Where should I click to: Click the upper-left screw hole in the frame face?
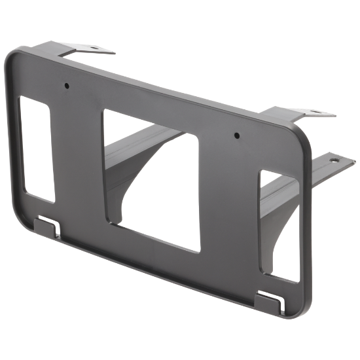[67, 85]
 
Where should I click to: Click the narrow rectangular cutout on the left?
[38, 149]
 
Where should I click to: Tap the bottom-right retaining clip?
[268, 302]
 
